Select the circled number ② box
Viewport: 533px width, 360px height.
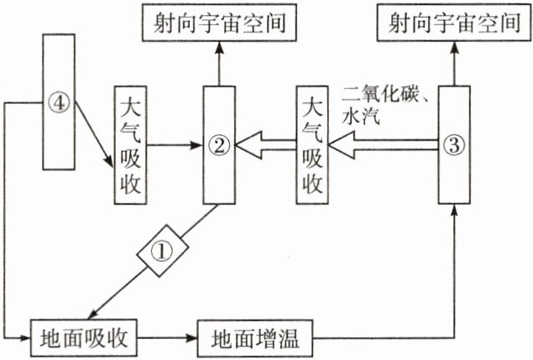click(x=218, y=144)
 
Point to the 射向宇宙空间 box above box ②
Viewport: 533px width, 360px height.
click(x=220, y=23)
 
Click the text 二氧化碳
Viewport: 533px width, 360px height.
click(x=376, y=90)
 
